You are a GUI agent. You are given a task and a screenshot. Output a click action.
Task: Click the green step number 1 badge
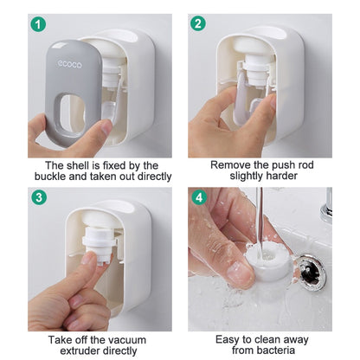[38, 24]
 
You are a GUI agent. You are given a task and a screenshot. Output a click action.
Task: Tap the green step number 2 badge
[198, 24]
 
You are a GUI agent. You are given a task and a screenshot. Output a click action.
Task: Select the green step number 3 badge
[38, 196]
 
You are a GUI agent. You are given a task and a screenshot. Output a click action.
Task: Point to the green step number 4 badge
[198, 196]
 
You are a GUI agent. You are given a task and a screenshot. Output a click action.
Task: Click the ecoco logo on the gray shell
[70, 63]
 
